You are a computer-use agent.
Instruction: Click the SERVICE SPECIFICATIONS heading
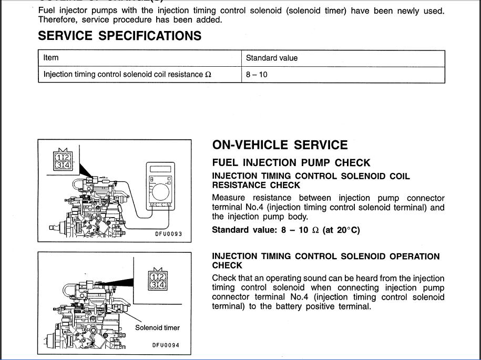[120, 36]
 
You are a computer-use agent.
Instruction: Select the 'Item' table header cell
[51, 58]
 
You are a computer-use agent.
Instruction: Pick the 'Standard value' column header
[271, 58]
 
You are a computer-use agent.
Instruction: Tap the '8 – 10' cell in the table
[257, 75]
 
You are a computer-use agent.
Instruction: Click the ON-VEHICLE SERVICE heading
[280, 146]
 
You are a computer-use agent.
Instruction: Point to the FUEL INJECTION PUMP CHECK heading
[291, 163]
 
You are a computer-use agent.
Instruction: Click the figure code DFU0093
[168, 234]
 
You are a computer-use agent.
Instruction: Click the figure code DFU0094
[166, 345]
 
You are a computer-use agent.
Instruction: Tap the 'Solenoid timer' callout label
[157, 328]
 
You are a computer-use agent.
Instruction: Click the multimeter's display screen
[160, 169]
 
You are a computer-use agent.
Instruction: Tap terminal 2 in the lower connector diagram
[162, 277]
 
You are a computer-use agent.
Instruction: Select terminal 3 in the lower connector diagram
[155, 285]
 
